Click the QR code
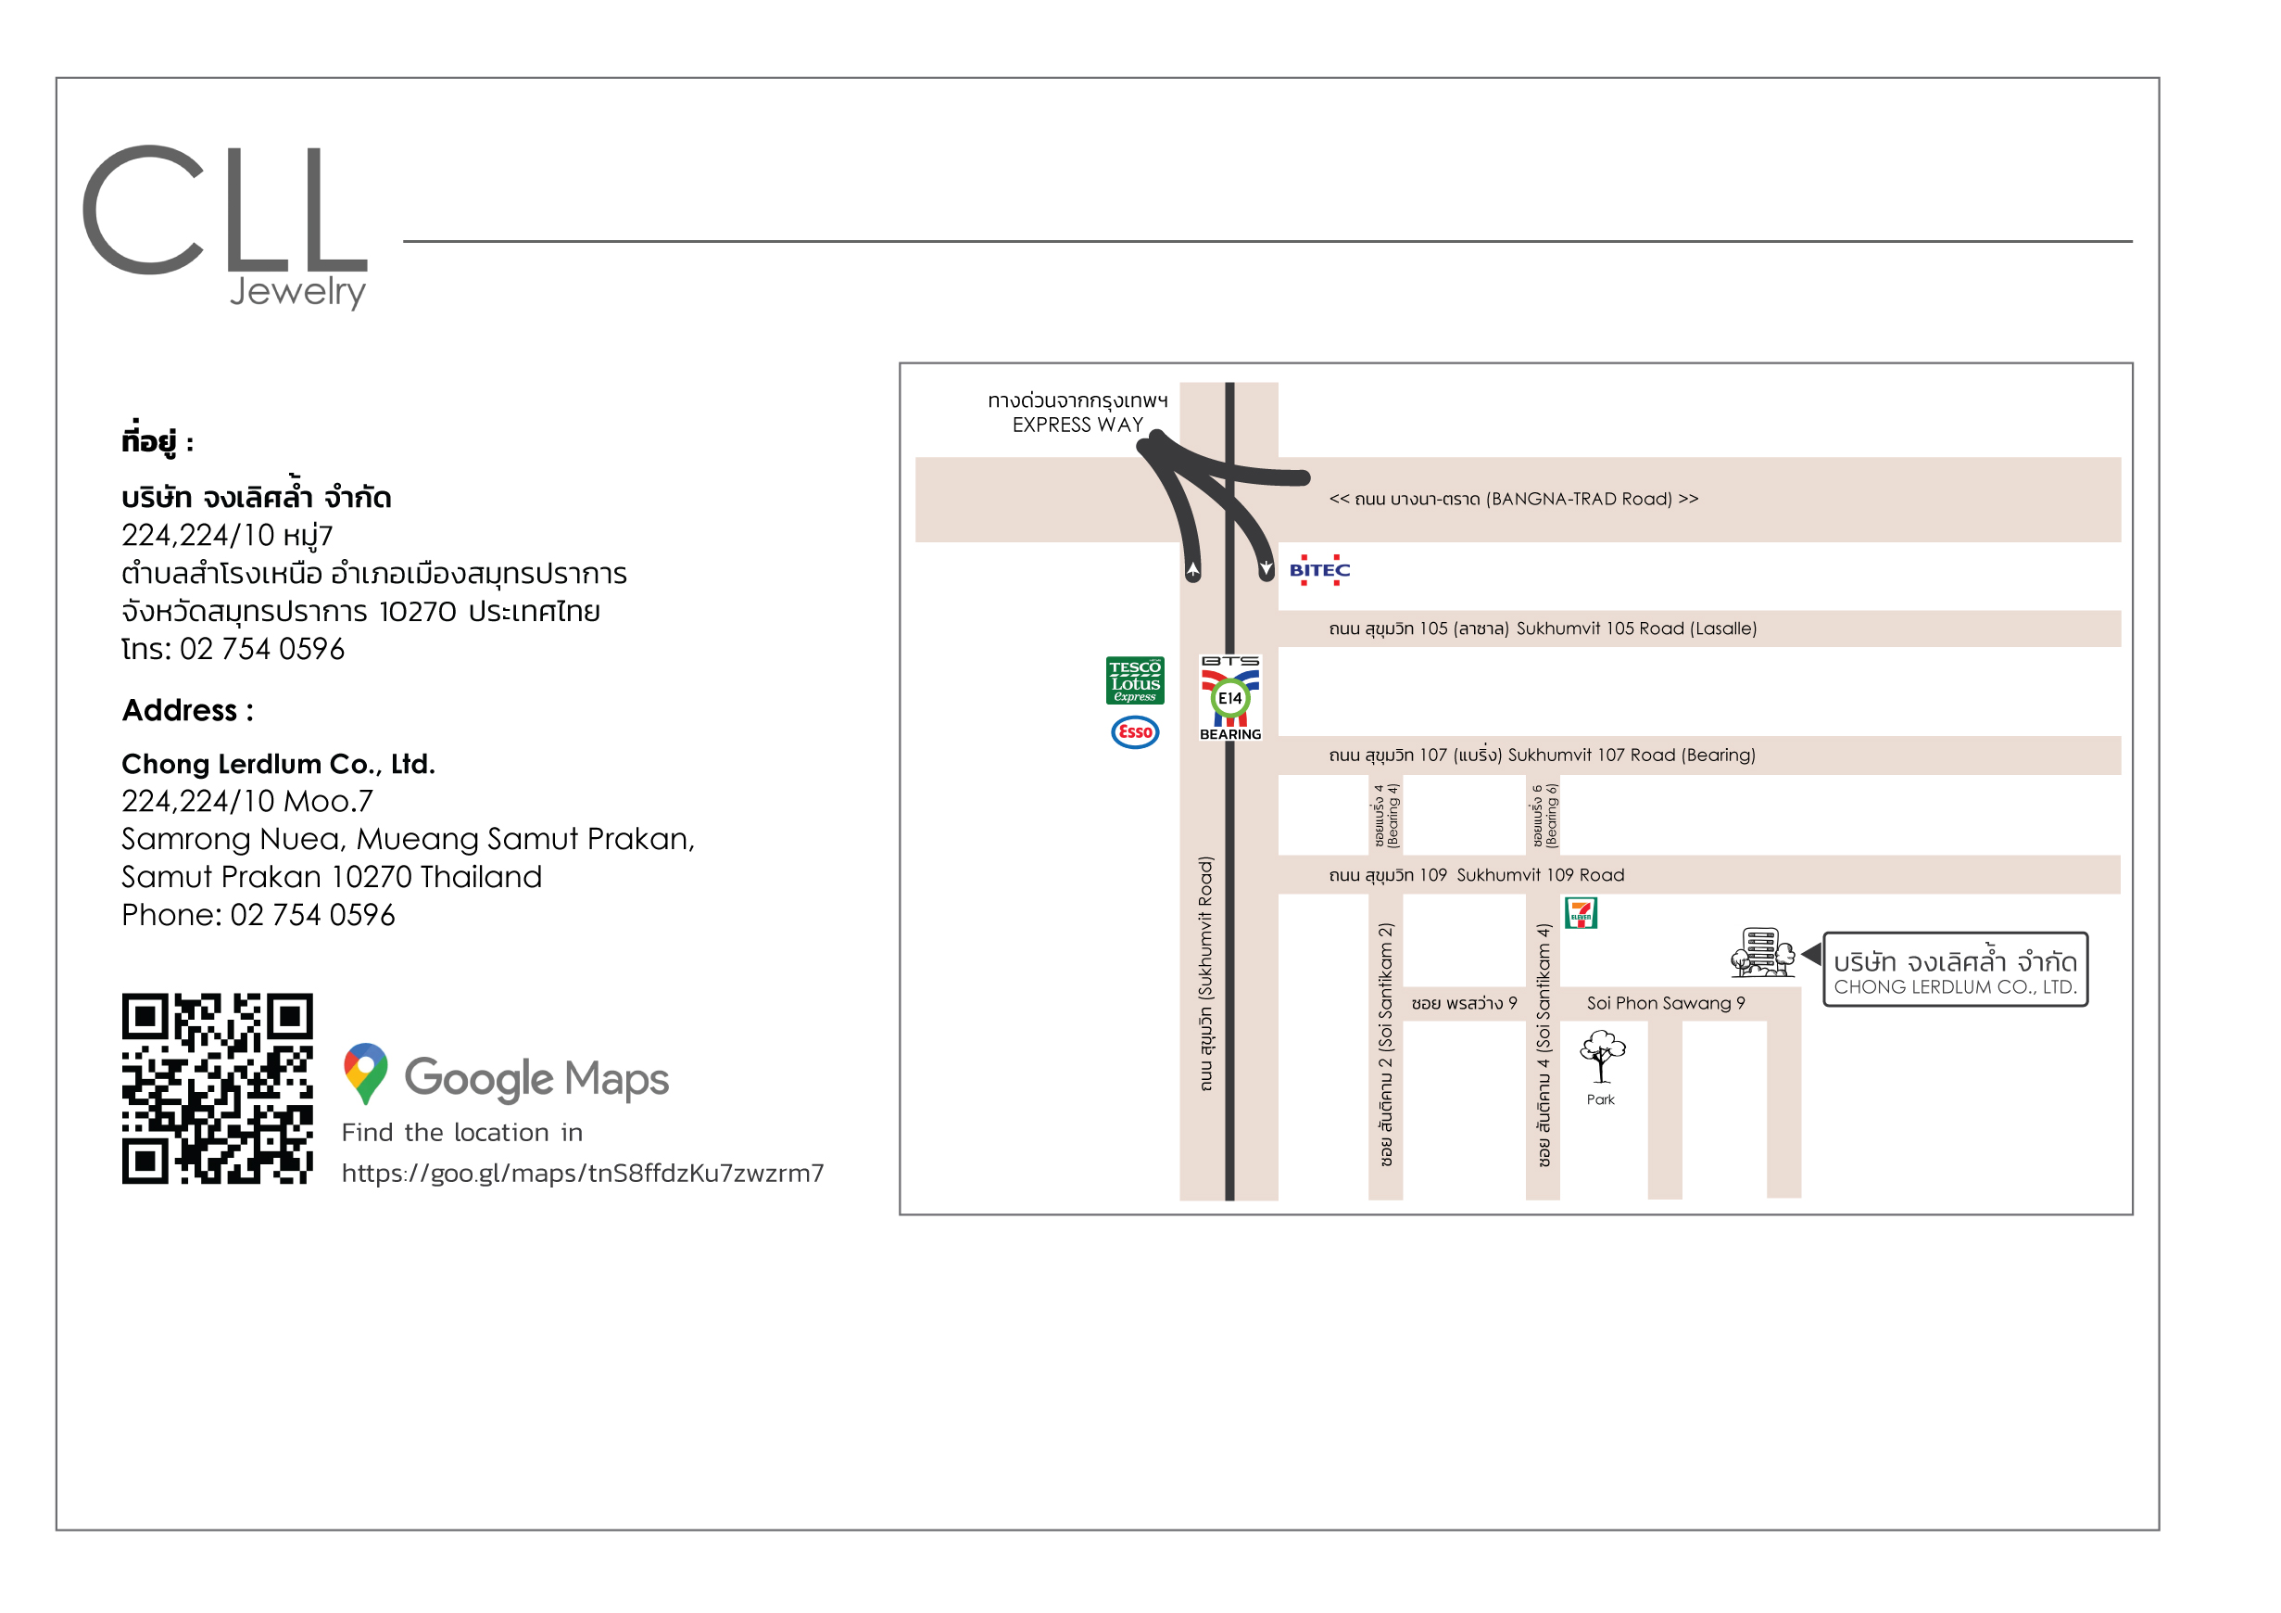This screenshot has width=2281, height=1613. [x=218, y=1088]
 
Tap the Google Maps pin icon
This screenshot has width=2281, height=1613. [x=366, y=1073]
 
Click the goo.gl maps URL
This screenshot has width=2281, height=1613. [x=583, y=1174]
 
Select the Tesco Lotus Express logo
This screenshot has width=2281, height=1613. [x=1135, y=680]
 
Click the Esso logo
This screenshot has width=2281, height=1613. [x=1135, y=732]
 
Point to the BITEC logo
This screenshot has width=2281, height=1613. [x=1319, y=570]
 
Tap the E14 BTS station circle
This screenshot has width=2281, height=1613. [x=1230, y=699]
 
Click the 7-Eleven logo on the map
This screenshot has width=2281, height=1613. [x=1581, y=912]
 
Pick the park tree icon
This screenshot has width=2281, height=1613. [x=1603, y=1057]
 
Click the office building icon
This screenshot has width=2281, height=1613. [x=1762, y=952]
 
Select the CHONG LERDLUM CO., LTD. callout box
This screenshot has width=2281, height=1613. [x=1955, y=970]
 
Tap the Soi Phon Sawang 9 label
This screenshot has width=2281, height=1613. [x=1666, y=1004]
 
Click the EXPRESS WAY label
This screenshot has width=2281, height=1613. [x=1077, y=425]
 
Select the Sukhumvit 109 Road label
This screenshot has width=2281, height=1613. [x=1540, y=876]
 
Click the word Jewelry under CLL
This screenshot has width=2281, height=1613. [x=298, y=291]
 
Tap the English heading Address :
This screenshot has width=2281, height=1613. [x=188, y=711]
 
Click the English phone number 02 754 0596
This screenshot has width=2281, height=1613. [x=313, y=915]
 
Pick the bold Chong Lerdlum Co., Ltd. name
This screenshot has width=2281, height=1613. [x=278, y=764]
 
